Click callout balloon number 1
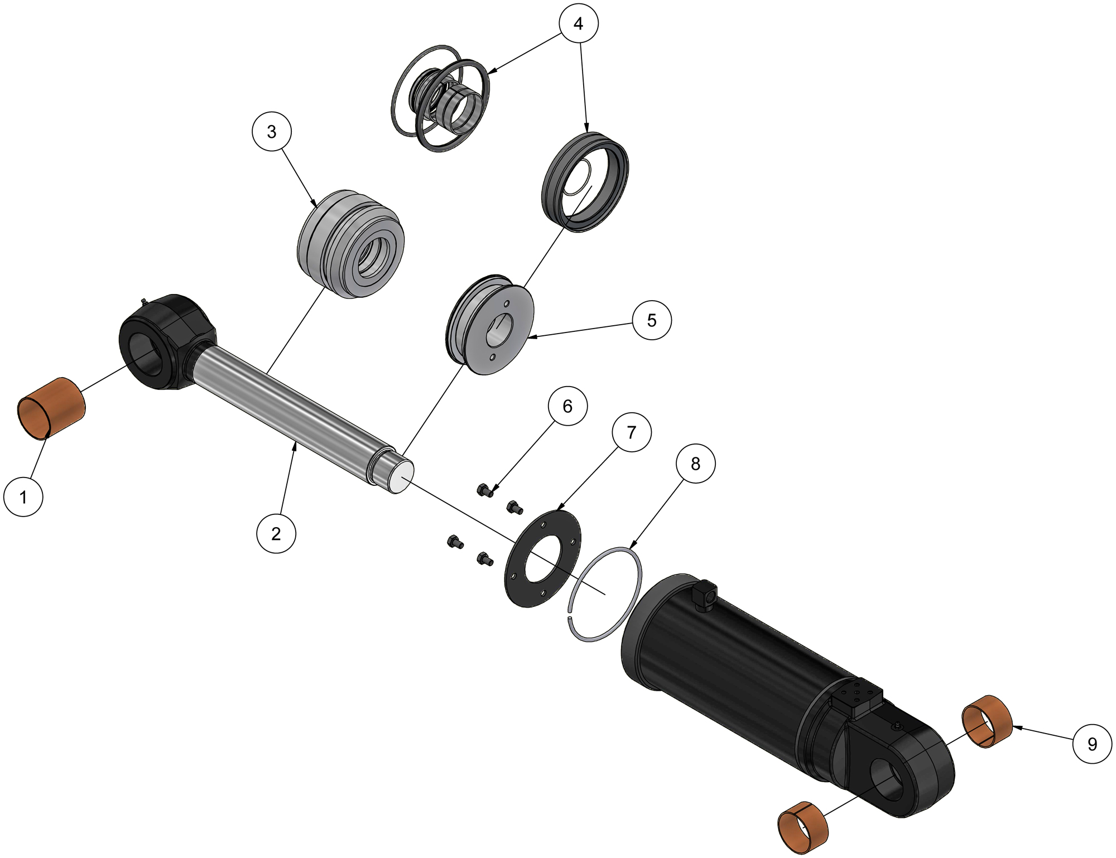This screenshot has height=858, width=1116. click(x=23, y=497)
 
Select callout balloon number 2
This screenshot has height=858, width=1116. click(x=276, y=534)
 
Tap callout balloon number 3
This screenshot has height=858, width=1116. click(x=271, y=132)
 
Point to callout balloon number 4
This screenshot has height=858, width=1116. click(x=579, y=23)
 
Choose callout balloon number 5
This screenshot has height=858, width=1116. click(x=651, y=320)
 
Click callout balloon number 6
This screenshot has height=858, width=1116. click(x=567, y=406)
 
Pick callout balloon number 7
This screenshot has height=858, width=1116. click(x=631, y=432)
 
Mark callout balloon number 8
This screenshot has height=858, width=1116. click(x=695, y=464)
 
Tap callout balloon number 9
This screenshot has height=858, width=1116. click(x=1092, y=744)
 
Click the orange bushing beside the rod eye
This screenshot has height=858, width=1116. click(x=51, y=408)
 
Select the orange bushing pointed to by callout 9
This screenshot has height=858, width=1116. click(x=987, y=721)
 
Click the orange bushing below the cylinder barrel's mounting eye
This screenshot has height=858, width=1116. click(x=802, y=827)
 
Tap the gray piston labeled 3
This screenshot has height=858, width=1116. click(x=349, y=244)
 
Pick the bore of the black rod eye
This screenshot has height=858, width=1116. click(x=146, y=357)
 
